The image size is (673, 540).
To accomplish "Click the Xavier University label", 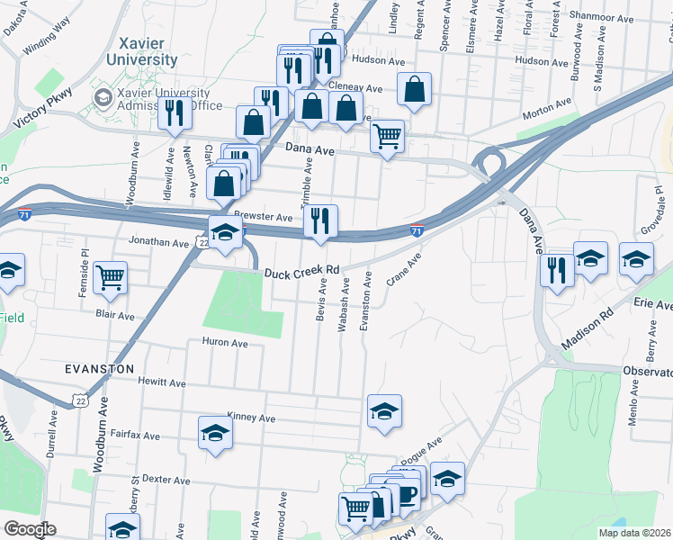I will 148,51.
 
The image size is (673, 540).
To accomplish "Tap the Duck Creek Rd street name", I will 301,271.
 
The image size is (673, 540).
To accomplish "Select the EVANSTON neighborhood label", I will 99,369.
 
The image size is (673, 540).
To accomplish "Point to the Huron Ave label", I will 225,342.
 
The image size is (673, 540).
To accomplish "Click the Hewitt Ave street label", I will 161,382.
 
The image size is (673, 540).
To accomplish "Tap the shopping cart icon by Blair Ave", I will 110,277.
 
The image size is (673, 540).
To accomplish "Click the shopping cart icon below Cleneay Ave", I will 387,137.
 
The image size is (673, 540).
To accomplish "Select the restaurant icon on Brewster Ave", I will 320,220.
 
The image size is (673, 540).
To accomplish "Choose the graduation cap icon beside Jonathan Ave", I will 226,232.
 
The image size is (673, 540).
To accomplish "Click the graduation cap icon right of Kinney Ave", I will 384,411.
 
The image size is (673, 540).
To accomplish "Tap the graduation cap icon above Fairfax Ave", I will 215,433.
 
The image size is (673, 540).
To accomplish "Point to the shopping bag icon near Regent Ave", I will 414,89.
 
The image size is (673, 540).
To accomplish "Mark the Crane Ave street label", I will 403,271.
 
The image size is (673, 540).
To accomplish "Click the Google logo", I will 30,529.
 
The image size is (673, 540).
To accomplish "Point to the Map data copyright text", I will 635,533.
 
